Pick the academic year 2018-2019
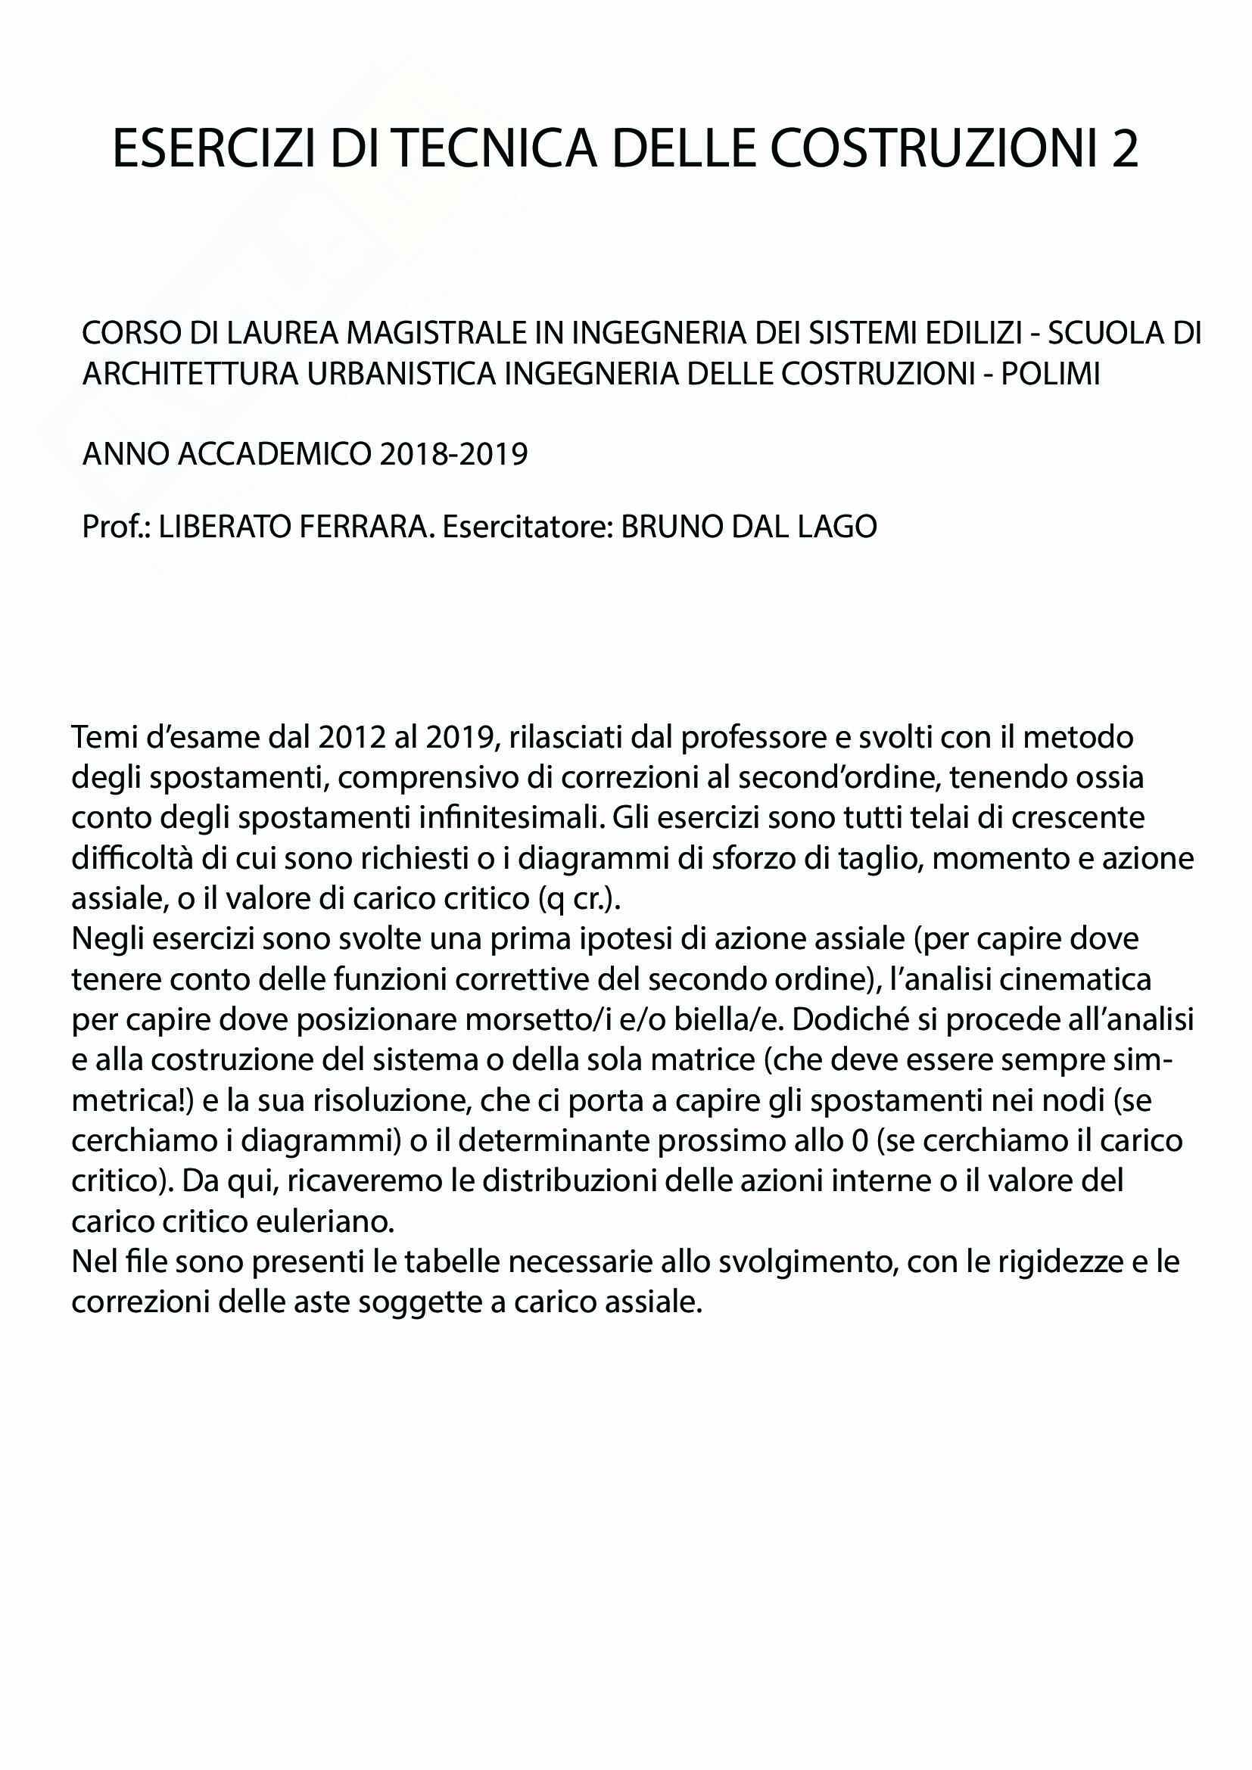pyautogui.click(x=453, y=454)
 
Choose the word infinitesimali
pyautogui.click(x=510, y=819)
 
